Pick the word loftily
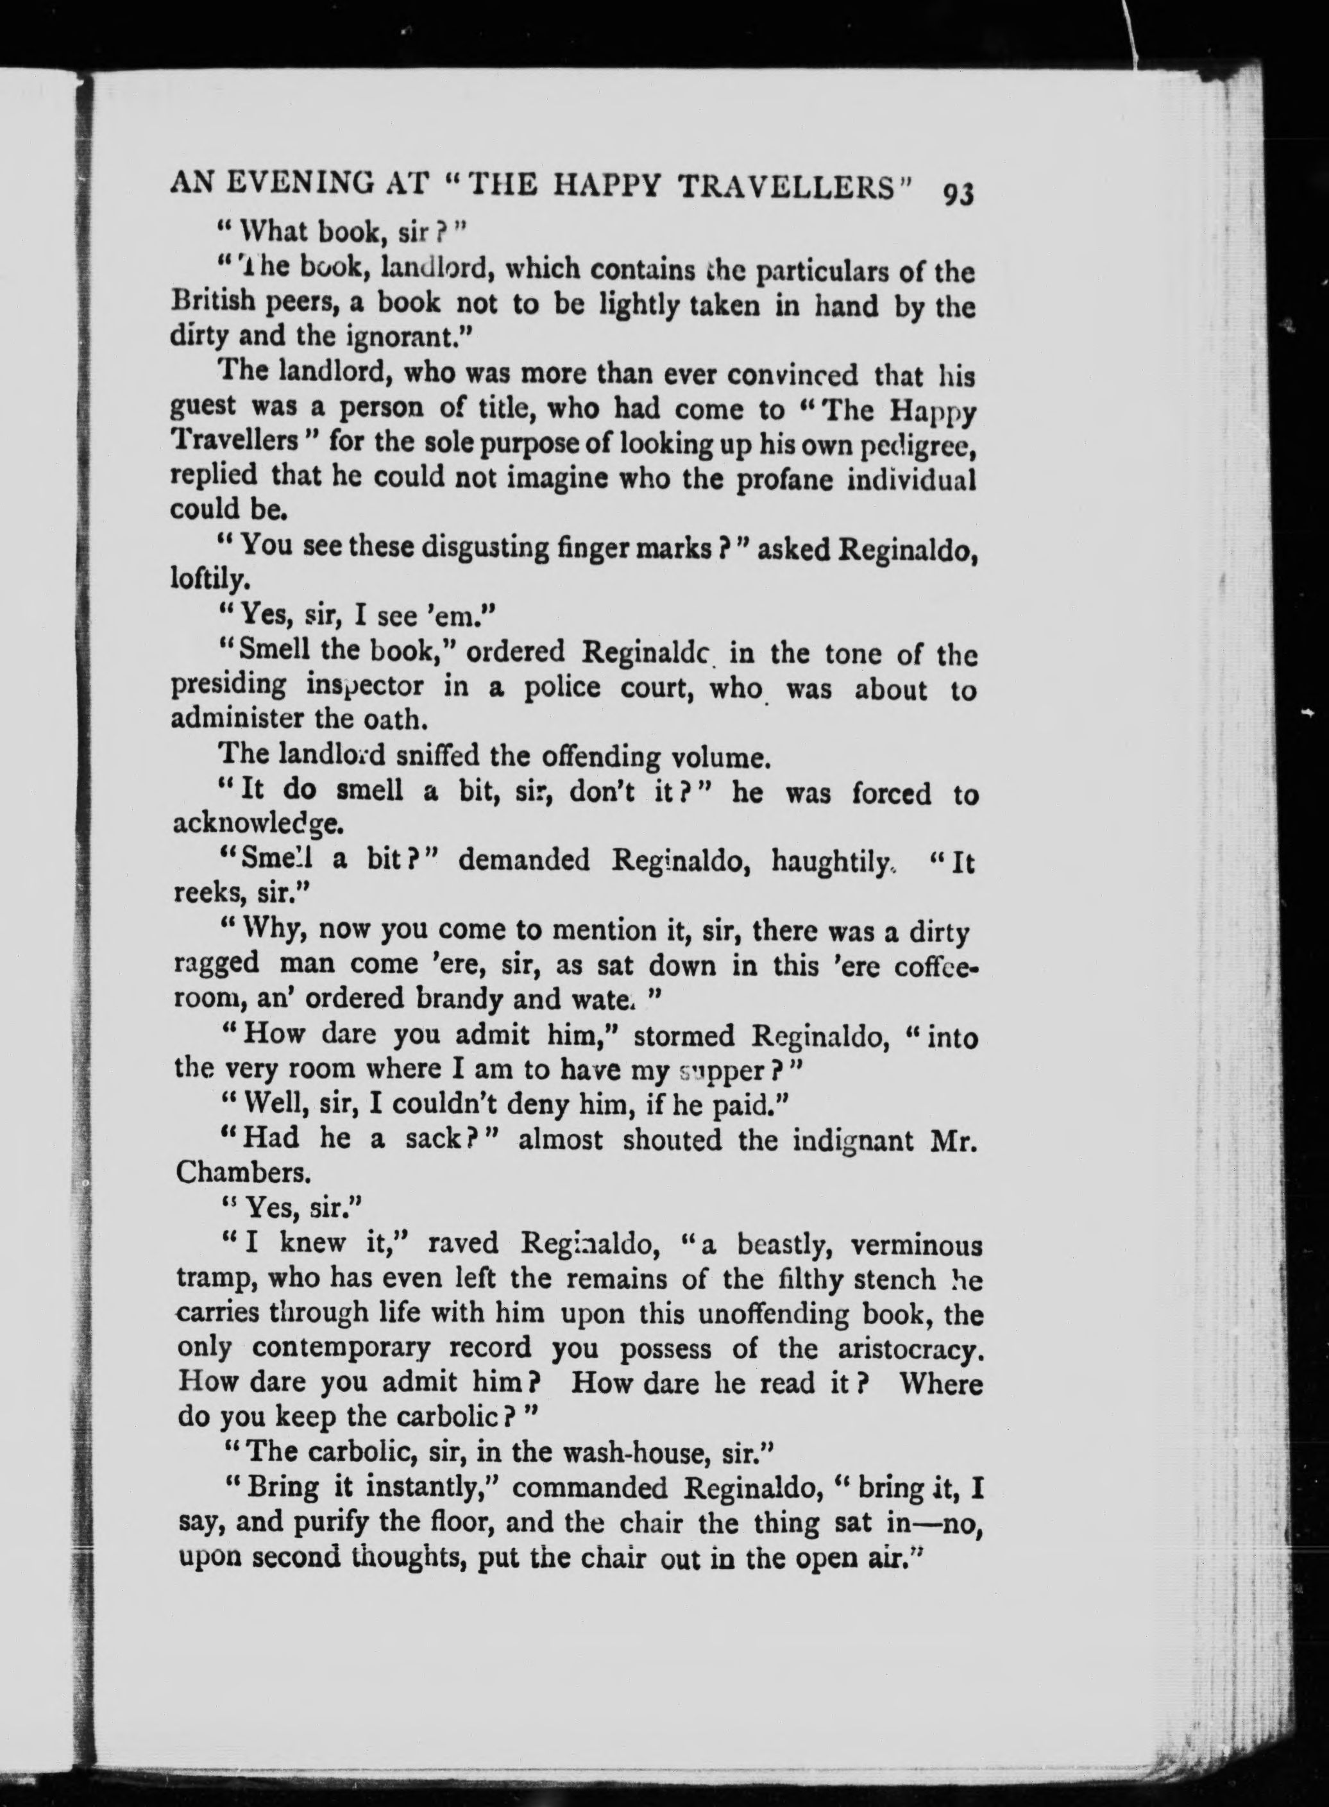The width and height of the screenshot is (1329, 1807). click(201, 579)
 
